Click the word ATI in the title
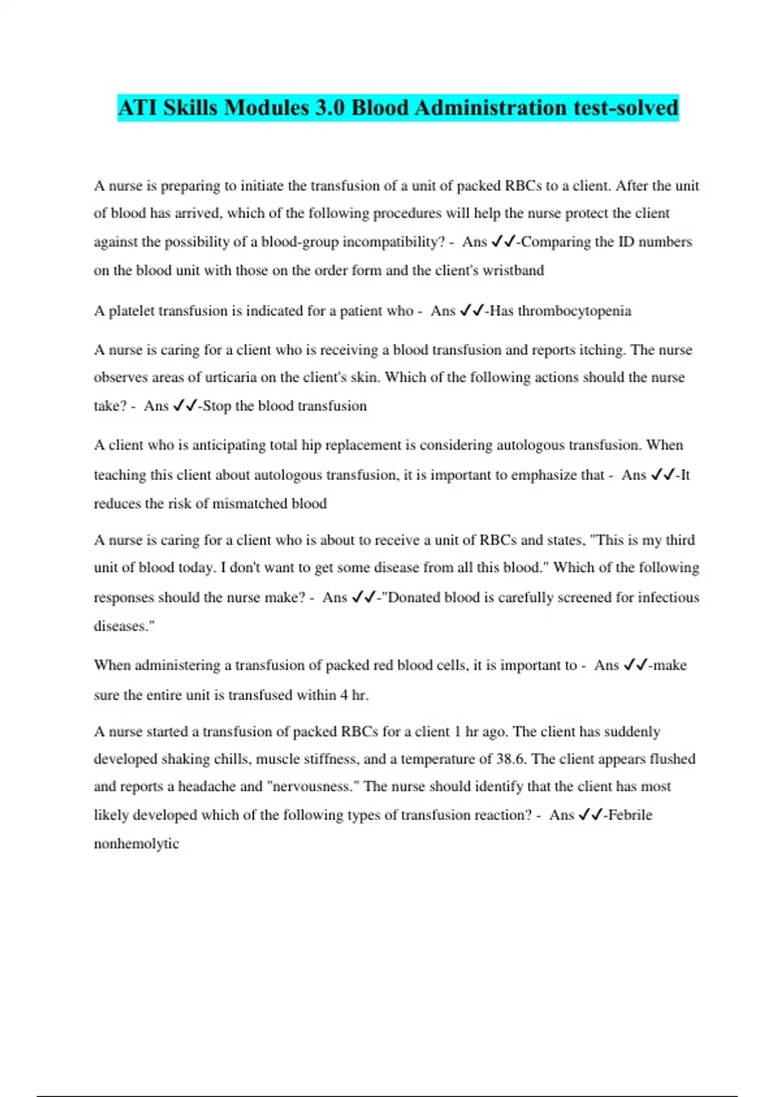(137, 107)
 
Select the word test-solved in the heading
(625, 107)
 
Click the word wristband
(513, 270)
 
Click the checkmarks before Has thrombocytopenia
(471, 311)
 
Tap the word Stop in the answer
(217, 406)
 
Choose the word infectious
(668, 598)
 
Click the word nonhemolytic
(136, 844)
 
